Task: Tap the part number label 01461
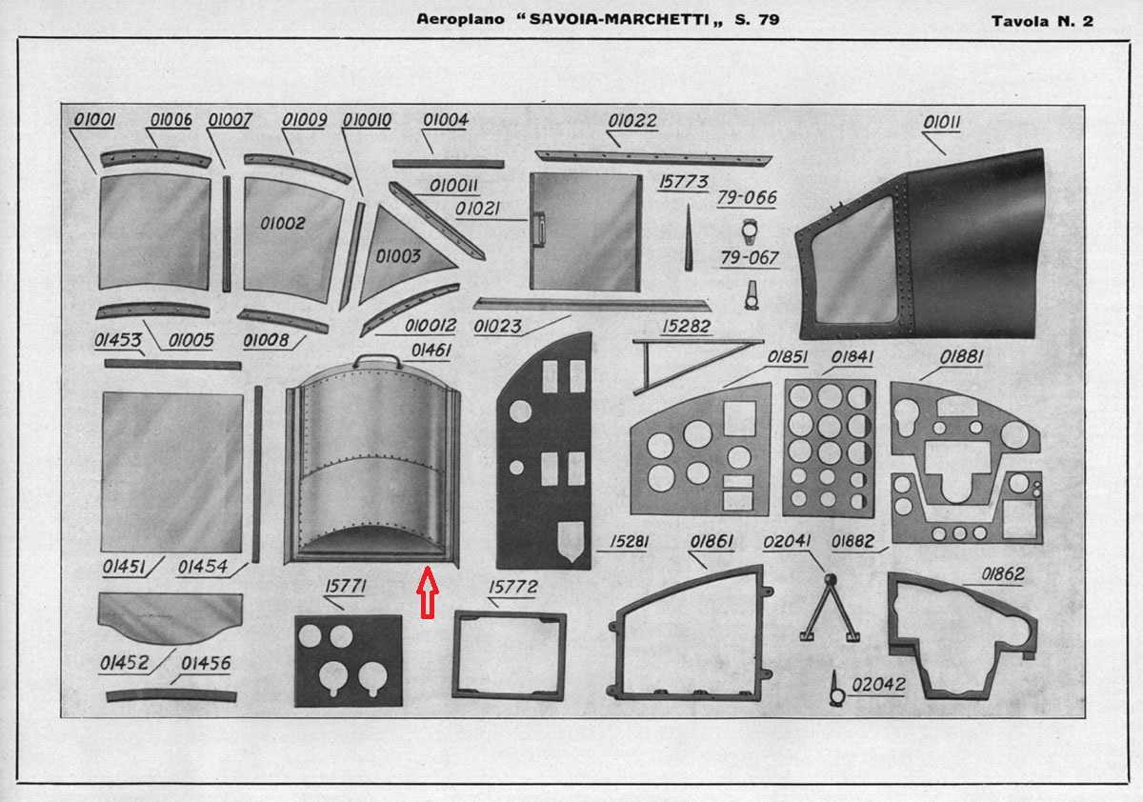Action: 431,351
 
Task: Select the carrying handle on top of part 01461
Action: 377,360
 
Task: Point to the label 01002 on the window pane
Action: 282,224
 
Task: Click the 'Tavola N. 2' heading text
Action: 1042,21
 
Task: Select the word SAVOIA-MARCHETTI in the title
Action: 619,19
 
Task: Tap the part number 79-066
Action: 747,197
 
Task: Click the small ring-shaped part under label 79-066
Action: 749,231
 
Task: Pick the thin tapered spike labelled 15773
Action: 689,237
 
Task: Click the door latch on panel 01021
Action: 538,229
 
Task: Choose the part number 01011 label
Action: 942,123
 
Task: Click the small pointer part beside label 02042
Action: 836,689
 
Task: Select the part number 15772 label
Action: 512,587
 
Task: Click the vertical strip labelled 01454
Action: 257,474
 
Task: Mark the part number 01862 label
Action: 1003,574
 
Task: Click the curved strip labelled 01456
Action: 171,695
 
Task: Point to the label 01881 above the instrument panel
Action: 961,357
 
